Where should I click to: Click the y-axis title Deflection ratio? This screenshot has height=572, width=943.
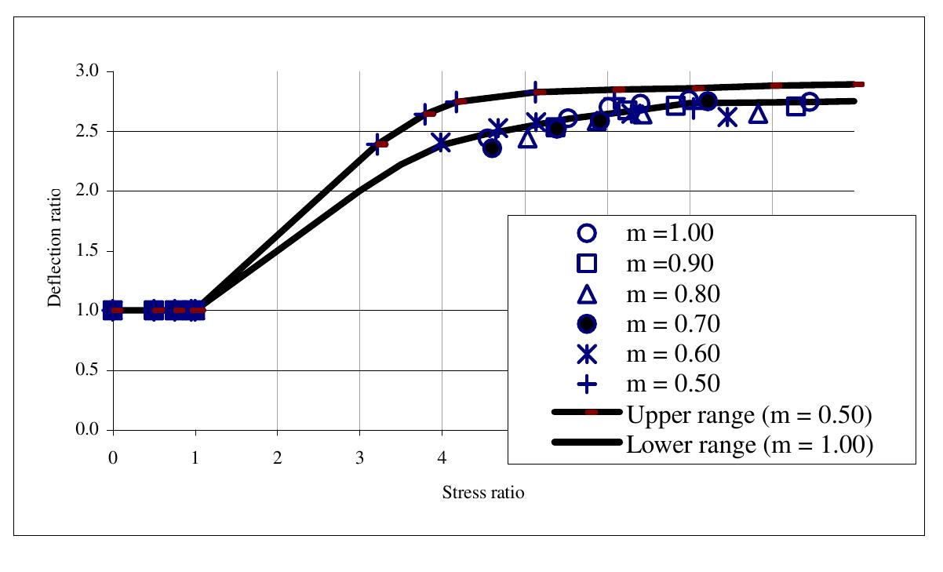55,248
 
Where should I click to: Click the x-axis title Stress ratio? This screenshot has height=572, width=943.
482,493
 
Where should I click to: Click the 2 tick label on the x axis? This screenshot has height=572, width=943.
277,456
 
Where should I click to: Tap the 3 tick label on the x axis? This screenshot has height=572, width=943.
359,456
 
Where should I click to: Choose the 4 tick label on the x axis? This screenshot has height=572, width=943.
442,456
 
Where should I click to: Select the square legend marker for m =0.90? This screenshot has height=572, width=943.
587,263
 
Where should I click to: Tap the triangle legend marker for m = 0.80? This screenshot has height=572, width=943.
587,293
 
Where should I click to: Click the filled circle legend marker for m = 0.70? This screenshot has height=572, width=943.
587,323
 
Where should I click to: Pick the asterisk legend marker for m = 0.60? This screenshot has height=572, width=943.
587,354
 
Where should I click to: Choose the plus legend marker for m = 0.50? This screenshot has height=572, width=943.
587,384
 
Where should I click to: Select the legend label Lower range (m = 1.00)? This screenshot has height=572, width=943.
748,445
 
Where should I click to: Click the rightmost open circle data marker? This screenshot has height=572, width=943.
810,102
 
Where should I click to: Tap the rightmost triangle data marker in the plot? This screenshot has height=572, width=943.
758,115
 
